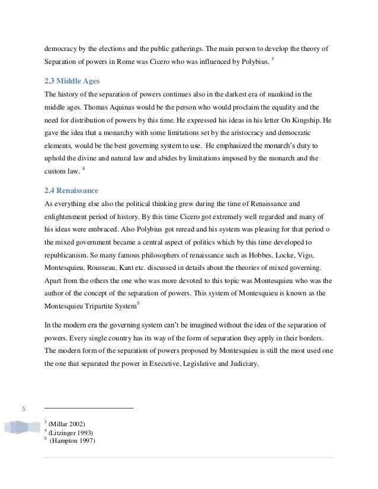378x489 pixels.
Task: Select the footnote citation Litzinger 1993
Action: [x=71, y=432]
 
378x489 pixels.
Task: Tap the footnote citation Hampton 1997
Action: [x=71, y=440]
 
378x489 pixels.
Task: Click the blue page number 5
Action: [x=23, y=408]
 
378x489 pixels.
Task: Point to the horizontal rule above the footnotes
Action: [x=89, y=408]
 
